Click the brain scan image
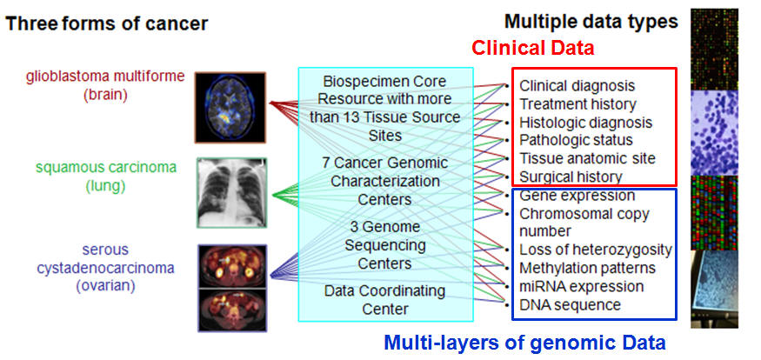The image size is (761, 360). coord(230,107)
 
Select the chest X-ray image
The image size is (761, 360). coord(232,193)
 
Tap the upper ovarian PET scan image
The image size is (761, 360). coord(232,266)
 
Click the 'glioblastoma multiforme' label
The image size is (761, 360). coord(105,77)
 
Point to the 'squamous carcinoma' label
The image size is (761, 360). coord(106,168)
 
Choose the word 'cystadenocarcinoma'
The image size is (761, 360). coord(105,268)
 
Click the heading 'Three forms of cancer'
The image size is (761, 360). coord(107,23)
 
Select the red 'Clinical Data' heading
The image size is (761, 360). coord(533,48)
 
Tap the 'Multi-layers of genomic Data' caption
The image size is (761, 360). coord(524,343)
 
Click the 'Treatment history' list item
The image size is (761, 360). coord(577,103)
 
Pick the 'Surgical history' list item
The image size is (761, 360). coord(571,177)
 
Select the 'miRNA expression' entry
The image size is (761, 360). coord(582,286)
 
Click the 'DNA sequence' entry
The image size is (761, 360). coord(571,304)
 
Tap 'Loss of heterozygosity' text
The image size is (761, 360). coord(596,250)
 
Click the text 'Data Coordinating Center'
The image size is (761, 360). coord(385,300)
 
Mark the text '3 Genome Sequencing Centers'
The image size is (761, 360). coord(385,245)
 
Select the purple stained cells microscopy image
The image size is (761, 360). coord(714,132)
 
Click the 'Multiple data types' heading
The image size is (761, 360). coord(591,22)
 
